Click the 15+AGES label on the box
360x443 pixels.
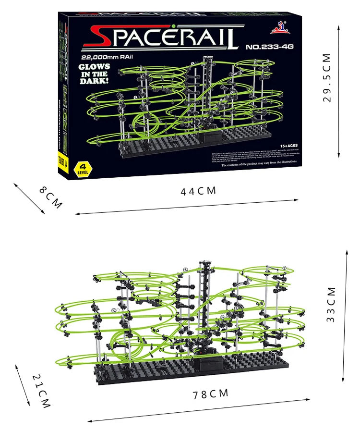pyautogui.click(x=288, y=145)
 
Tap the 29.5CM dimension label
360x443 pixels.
pyautogui.click(x=327, y=78)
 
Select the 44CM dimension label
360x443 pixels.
pyautogui.click(x=198, y=191)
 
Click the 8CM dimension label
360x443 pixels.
pyautogui.click(x=51, y=197)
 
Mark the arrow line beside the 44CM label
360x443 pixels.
pyautogui.click(x=187, y=207)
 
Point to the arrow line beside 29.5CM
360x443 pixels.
pyautogui.click(x=339, y=91)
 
